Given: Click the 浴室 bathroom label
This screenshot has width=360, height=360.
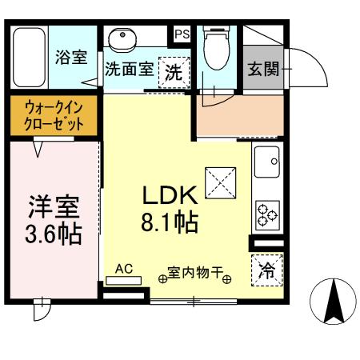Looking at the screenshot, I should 71,58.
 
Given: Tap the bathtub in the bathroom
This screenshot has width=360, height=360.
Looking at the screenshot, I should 30,58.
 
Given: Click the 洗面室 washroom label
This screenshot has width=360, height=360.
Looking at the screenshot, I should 129,69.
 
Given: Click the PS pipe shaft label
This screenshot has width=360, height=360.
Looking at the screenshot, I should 182,34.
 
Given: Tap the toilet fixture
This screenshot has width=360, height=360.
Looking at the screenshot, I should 217,50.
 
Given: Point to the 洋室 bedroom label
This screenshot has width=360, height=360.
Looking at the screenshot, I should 54,210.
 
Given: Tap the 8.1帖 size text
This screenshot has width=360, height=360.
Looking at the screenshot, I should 170,221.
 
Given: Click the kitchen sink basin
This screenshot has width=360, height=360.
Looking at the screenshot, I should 266,162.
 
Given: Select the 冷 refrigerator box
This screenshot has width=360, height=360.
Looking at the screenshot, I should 266,270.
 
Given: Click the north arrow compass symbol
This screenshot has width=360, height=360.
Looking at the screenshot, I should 332,302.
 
